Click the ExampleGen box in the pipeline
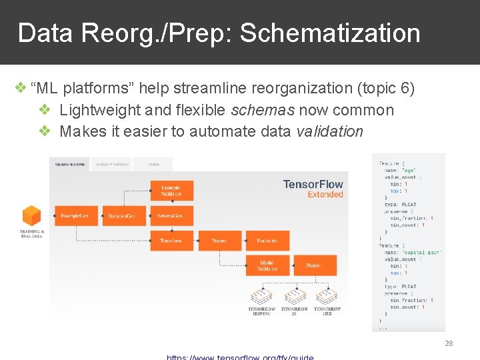(x=79, y=216)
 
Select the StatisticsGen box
(x=124, y=216)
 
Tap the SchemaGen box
(x=171, y=216)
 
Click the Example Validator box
(x=171, y=191)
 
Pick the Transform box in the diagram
(x=171, y=241)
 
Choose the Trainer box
(x=219, y=241)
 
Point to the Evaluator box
(x=267, y=241)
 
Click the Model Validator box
(x=267, y=265)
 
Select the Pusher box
(x=313, y=265)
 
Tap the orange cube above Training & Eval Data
(x=31, y=216)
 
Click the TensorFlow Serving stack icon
(x=261, y=294)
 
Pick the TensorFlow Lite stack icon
(x=327, y=294)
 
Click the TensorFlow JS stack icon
(x=294, y=294)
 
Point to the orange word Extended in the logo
(x=325, y=195)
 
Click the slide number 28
(x=449, y=343)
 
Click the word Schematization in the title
(x=330, y=33)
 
